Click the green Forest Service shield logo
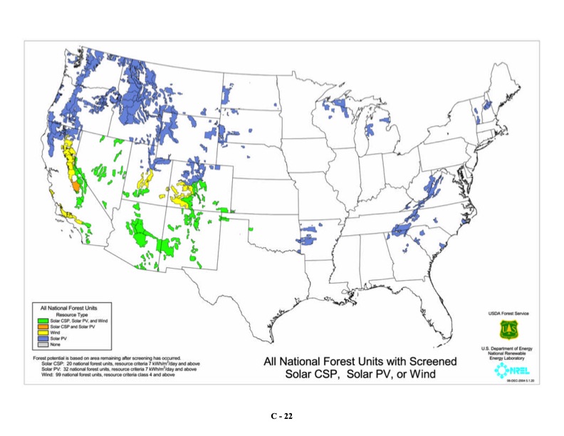click(508, 329)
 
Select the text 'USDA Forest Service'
click(508, 313)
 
